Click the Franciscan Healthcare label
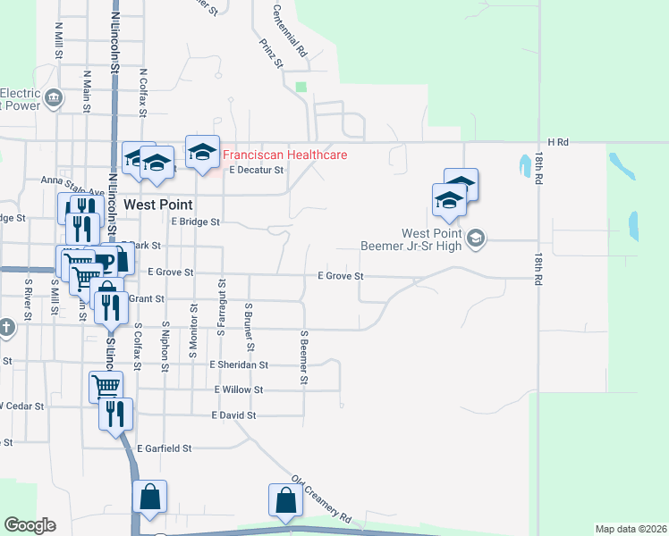click(x=284, y=155)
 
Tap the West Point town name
click(x=159, y=204)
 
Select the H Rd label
click(x=558, y=142)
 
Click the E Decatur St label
click(x=256, y=169)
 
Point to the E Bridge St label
click(x=195, y=222)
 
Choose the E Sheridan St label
click(x=239, y=364)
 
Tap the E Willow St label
click(x=239, y=389)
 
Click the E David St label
click(x=234, y=415)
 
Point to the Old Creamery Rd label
click(x=322, y=498)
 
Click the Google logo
click(x=30, y=525)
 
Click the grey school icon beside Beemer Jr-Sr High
click(x=476, y=237)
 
